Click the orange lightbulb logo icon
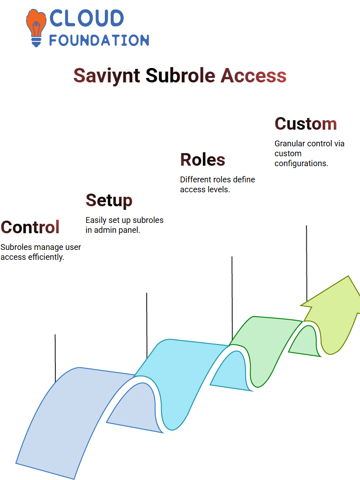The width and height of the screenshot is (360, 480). (36, 28)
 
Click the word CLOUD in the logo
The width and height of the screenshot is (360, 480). (86, 18)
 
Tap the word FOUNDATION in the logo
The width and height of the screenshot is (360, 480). (99, 41)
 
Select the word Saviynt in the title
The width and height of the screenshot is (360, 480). (107, 76)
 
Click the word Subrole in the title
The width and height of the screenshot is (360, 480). (180, 75)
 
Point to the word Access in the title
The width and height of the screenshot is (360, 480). (253, 75)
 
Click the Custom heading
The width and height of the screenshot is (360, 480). (306, 124)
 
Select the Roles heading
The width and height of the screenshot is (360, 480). (202, 159)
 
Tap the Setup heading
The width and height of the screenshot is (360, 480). (109, 201)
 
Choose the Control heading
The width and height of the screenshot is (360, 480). (30, 227)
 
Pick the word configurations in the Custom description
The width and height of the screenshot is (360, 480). (301, 163)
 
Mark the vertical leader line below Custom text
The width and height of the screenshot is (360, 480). (306, 263)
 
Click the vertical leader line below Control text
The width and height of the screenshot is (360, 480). (55, 358)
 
